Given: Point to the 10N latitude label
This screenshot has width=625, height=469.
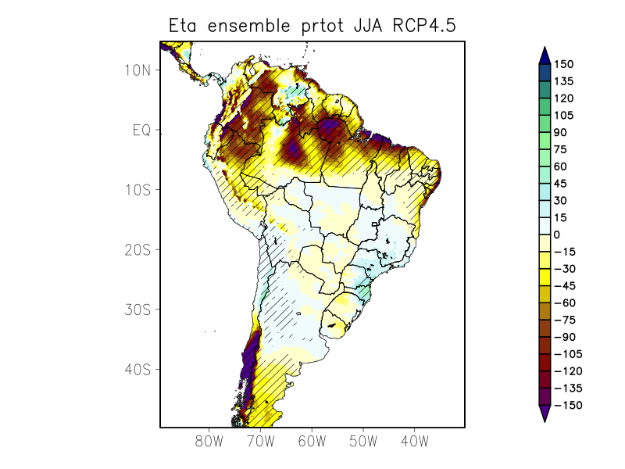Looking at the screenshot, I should [137, 70].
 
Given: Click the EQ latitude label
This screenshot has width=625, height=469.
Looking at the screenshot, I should [141, 130].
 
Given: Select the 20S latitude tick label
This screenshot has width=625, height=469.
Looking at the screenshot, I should [137, 249].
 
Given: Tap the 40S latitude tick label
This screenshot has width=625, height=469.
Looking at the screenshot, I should [137, 369].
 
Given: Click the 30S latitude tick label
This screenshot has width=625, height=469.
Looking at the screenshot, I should [137, 310].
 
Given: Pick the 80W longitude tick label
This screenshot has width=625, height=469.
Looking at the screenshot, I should [209, 442].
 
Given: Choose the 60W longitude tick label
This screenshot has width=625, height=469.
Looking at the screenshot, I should [312, 442].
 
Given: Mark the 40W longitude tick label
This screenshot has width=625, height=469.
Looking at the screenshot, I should [414, 442].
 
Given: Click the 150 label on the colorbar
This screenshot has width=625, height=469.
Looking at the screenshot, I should [564, 64].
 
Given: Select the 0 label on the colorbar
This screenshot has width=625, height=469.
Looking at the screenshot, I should [557, 234].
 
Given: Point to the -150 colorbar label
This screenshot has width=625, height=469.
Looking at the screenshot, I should [567, 405].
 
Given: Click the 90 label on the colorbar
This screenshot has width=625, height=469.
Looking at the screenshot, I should [561, 132].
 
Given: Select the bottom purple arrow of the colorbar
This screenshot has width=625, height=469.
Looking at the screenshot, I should [545, 414].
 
